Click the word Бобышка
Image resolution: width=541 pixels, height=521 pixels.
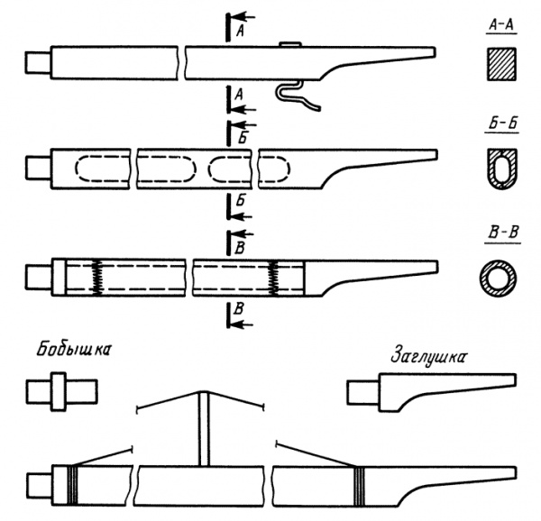pos(74,350)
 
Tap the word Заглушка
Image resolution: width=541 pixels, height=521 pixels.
pos(427,358)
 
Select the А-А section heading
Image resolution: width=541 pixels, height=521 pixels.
pos(501,25)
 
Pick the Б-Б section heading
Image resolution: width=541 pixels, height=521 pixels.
pos(503,124)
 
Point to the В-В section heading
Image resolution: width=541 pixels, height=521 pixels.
pos(503,233)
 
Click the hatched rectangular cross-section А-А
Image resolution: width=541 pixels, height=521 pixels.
pos(501,64)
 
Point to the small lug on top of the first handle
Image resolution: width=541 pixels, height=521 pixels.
pos(290,44)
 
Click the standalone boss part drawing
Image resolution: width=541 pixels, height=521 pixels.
pos(61,391)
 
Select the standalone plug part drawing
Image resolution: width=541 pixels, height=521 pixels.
pos(431,392)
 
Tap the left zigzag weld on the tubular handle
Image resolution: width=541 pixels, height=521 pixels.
pos(97,278)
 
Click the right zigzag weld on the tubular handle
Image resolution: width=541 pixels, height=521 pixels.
pos(274,278)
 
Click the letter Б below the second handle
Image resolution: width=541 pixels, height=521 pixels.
pos(241,200)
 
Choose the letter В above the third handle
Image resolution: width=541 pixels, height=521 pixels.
pos(240,249)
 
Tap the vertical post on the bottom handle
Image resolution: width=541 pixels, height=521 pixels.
pos(204,429)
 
